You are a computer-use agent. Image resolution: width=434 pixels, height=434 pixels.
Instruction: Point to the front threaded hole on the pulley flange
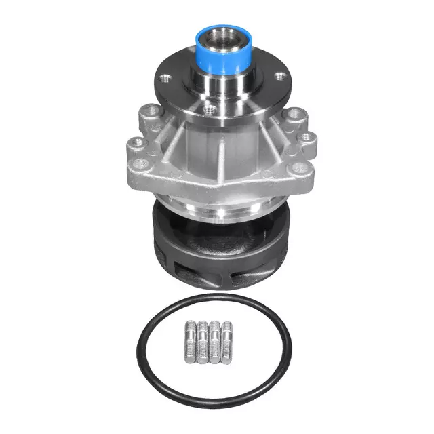[x=210, y=108]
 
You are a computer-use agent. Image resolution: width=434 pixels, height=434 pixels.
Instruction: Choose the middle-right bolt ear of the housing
[x=307, y=137]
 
